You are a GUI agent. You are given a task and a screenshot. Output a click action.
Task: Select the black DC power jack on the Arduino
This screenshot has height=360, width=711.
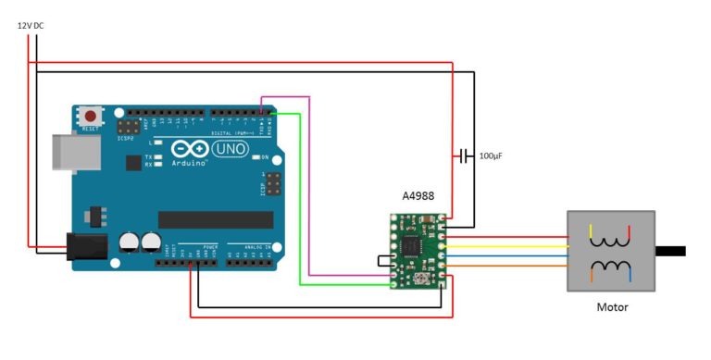tap(86, 246)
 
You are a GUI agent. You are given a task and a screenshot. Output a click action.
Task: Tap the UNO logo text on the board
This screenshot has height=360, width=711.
tap(230, 148)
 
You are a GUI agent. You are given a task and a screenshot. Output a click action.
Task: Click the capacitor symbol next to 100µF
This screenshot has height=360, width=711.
tap(465, 155)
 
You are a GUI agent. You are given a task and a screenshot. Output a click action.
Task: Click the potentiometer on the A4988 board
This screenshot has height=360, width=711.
tap(424, 278)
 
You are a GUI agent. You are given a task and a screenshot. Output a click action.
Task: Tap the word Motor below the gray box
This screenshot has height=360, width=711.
tap(611, 306)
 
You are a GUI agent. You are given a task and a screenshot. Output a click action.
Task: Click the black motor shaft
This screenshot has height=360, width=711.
tap(671, 251)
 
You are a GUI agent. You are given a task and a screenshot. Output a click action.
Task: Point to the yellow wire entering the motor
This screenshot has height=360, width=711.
tap(509, 247)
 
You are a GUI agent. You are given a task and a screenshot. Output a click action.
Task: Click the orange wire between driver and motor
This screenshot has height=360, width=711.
tap(509, 268)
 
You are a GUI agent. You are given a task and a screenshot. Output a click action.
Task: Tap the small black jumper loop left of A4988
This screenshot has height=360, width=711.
tap(383, 262)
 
